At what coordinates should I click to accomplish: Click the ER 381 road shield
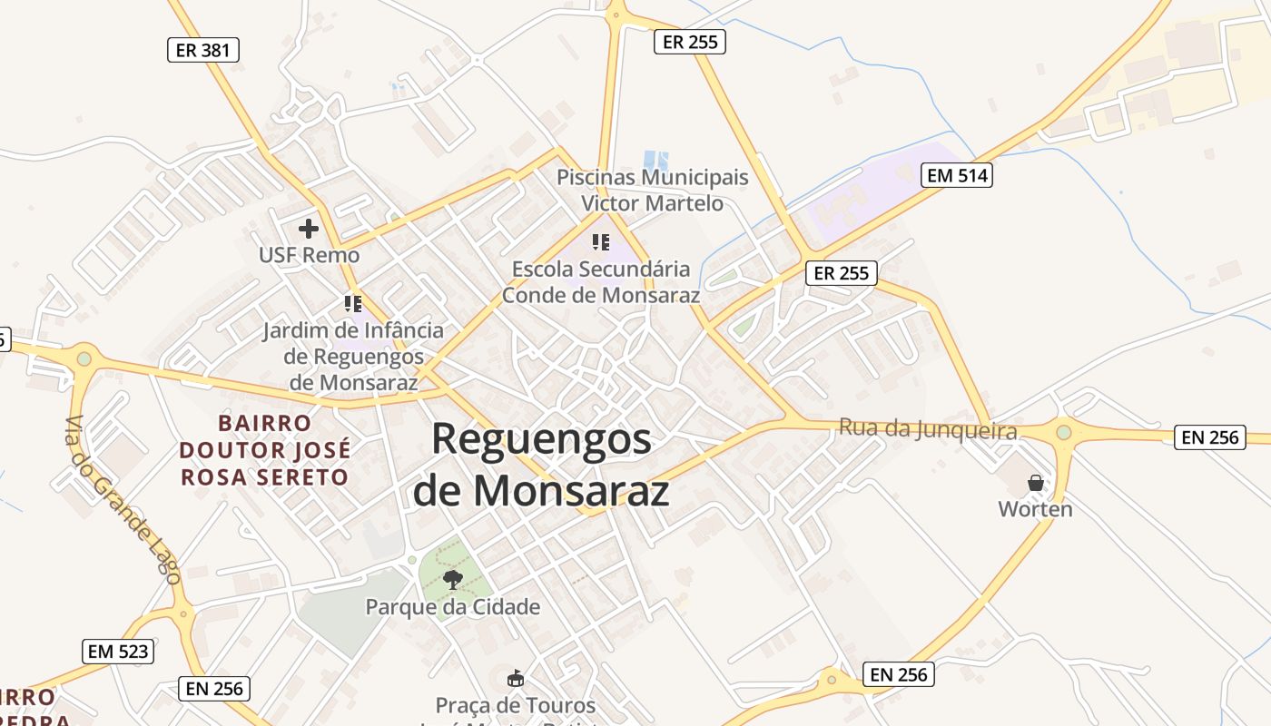[x=203, y=50]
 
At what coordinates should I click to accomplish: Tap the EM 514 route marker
[x=957, y=175]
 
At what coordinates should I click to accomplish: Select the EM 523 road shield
[x=118, y=651]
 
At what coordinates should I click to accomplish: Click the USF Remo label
[x=309, y=255]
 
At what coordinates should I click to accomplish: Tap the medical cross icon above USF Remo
[x=309, y=229]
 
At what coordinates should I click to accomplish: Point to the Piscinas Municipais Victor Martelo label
[x=653, y=190]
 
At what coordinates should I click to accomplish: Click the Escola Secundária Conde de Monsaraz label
[x=601, y=282]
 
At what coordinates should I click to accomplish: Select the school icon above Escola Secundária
[x=601, y=242]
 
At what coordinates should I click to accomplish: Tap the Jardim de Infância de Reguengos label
[x=353, y=356]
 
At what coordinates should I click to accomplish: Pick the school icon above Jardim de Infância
[x=353, y=304]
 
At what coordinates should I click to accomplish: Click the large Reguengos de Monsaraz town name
[x=541, y=465]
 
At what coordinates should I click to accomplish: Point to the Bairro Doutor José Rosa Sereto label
[x=264, y=450]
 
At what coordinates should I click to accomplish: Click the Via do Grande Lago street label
[x=123, y=499]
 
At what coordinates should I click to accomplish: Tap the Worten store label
[x=1035, y=509]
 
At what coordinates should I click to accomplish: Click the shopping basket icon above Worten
[x=1035, y=483]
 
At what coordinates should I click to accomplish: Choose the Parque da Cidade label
[x=452, y=607]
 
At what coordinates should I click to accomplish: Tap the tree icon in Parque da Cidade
[x=452, y=579]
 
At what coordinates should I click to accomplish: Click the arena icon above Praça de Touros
[x=515, y=678]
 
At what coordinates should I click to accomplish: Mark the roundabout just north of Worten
[x=1064, y=433]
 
